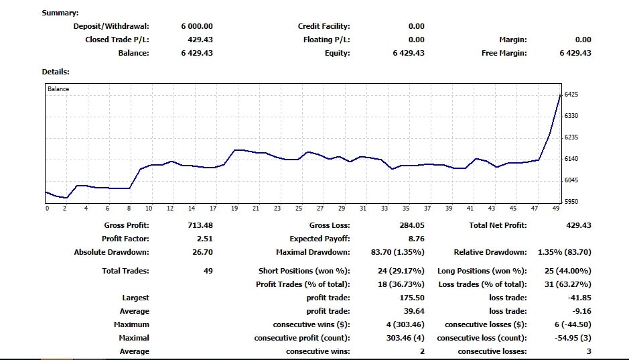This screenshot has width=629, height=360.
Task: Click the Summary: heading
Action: pyautogui.click(x=60, y=13)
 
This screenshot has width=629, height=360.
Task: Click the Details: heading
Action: pyautogui.click(x=56, y=71)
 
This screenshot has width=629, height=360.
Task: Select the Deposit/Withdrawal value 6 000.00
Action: pyautogui.click(x=197, y=26)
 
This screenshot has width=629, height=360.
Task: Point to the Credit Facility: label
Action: pyautogui.click(x=324, y=26)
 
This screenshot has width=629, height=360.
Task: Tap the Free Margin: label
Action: pyautogui.click(x=504, y=53)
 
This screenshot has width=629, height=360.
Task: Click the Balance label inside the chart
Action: pyautogui.click(x=58, y=88)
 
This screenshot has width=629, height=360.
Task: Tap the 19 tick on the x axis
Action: pyautogui.click(x=234, y=209)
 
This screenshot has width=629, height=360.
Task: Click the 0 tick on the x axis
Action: pyautogui.click(x=47, y=209)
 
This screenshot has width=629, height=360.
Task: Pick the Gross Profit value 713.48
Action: pyautogui.click(x=200, y=225)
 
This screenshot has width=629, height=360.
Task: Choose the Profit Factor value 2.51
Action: pyautogui.click(x=204, y=239)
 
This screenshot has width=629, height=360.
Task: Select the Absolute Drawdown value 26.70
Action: pyautogui.click(x=202, y=252)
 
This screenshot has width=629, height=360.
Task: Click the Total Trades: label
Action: pyautogui.click(x=125, y=271)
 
